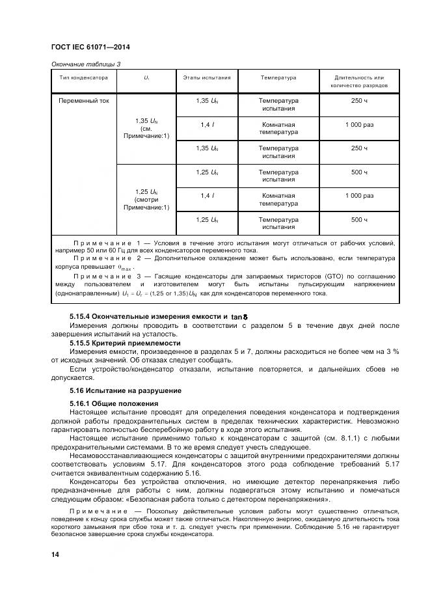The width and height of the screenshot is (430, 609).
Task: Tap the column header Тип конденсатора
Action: point(83,78)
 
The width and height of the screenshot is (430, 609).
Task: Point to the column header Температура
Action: point(278,78)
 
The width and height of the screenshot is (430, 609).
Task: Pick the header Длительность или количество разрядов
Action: point(359,82)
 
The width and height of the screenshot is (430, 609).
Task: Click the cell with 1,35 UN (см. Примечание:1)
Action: point(146,129)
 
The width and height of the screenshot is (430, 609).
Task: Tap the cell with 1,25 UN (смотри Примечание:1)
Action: point(146,200)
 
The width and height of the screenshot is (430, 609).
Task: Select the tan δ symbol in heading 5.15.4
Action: point(241,317)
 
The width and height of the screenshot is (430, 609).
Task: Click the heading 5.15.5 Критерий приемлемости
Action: point(125,342)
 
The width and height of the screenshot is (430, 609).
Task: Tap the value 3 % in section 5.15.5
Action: point(391,351)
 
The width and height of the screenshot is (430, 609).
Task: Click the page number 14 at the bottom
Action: point(55,554)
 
